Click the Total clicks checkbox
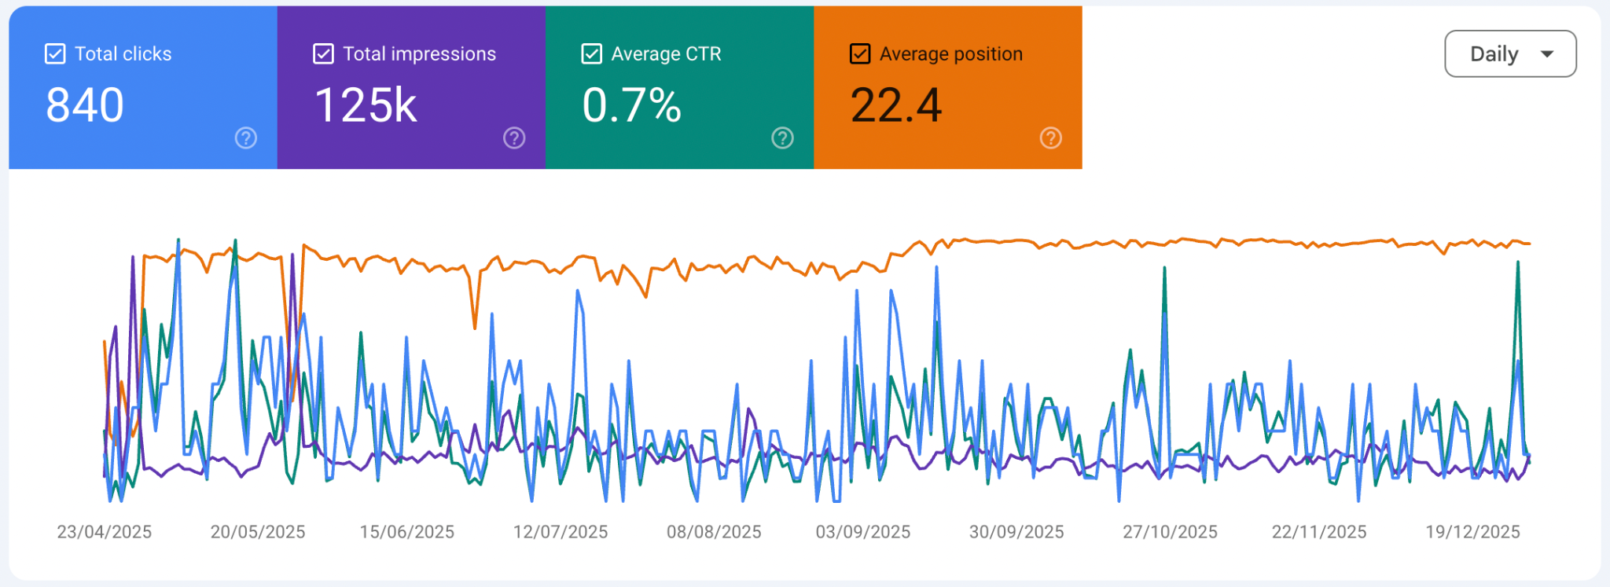point(55,53)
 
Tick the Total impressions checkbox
point(323,53)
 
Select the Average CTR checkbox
point(591,53)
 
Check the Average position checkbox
point(860,53)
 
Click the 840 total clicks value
point(85,105)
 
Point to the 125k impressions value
point(366,105)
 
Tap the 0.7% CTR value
point(631,105)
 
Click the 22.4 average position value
point(896,105)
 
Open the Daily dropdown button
point(1510,53)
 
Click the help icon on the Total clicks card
point(246,138)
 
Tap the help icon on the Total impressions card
point(514,138)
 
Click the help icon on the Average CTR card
point(782,138)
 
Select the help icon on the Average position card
point(1051,138)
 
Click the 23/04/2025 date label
point(105,532)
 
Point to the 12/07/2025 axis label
point(561,532)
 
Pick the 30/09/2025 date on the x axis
point(1016,532)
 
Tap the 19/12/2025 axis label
point(1473,532)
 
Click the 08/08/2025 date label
point(714,532)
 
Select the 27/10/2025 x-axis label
point(1170,532)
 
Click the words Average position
point(951,53)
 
